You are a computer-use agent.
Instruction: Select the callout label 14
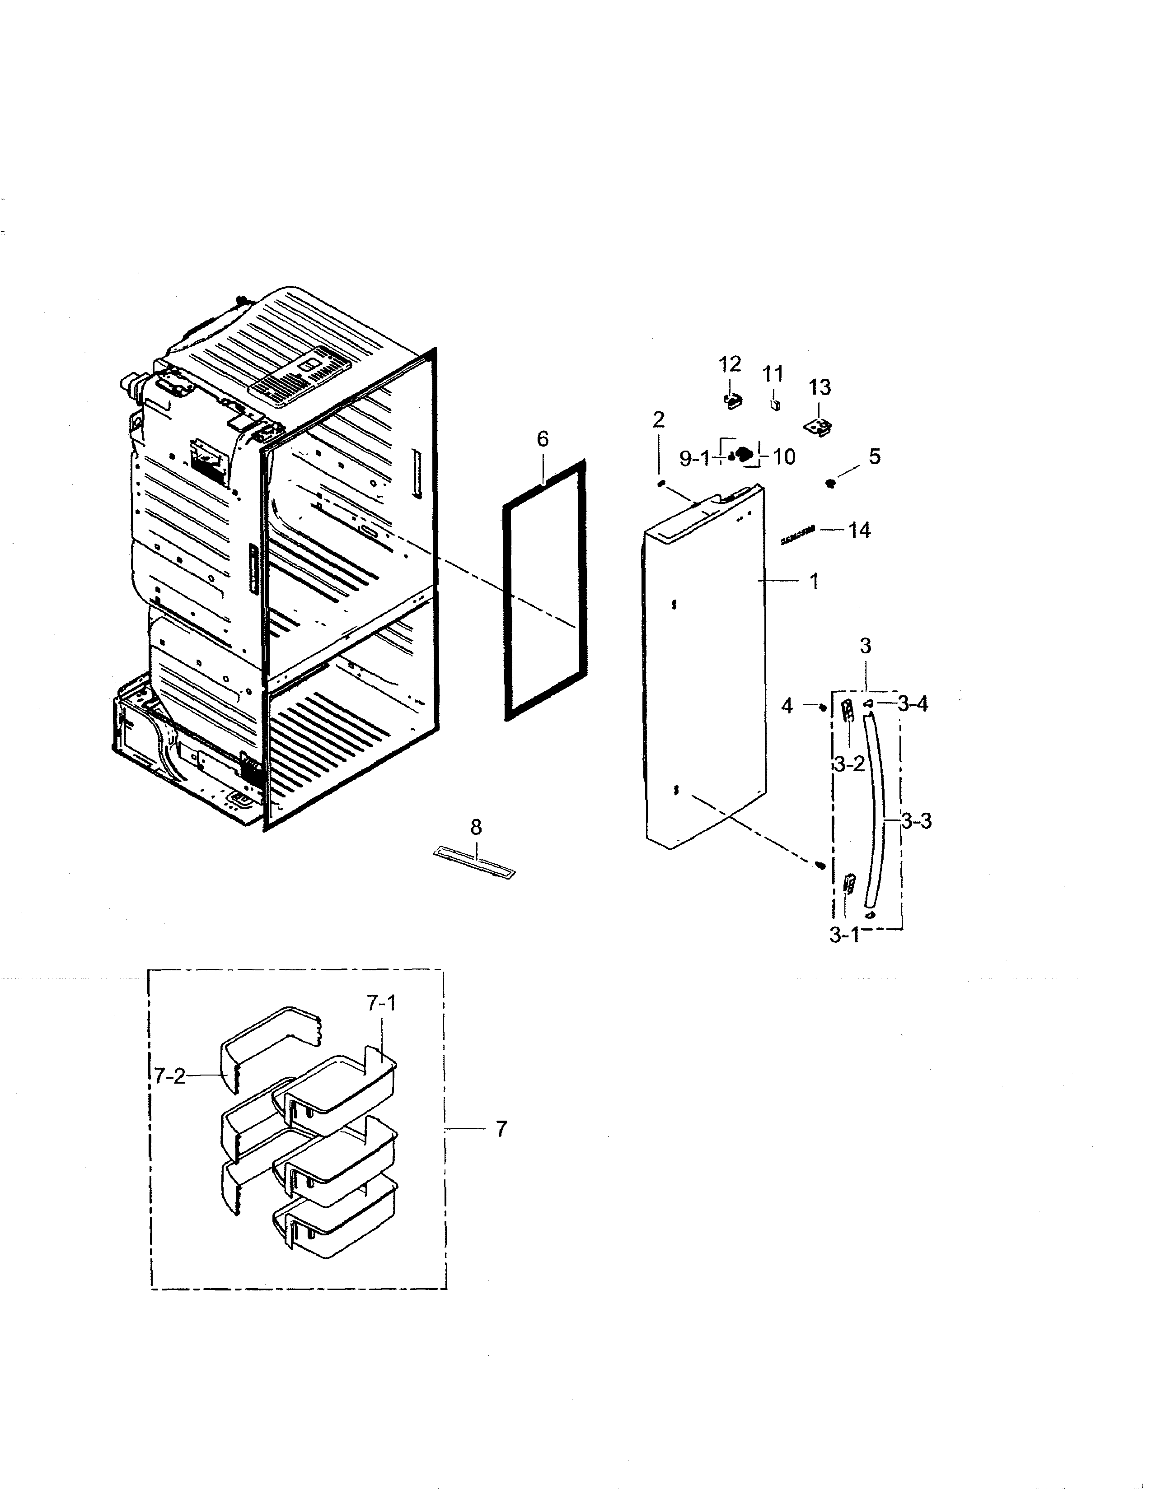(859, 530)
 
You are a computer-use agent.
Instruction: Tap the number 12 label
(730, 363)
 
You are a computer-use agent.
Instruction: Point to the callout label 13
(820, 387)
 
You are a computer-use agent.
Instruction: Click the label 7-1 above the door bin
(381, 1003)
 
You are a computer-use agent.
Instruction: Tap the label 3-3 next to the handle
(916, 821)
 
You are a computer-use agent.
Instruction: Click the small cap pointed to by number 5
(830, 483)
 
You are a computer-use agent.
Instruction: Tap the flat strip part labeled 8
(474, 862)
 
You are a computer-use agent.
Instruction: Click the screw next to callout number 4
(823, 708)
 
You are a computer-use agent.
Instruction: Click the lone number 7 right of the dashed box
(501, 1129)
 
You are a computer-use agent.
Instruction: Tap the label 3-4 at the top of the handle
(913, 703)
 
